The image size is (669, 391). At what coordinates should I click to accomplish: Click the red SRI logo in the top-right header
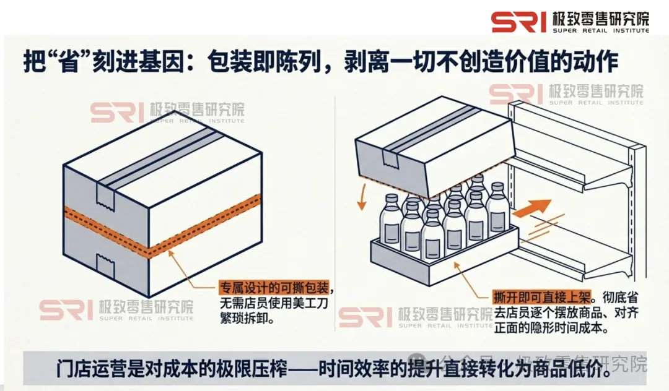click(x=519, y=22)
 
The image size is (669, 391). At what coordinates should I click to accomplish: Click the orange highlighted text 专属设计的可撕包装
click(x=271, y=288)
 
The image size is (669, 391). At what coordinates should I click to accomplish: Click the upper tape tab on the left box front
click(x=105, y=197)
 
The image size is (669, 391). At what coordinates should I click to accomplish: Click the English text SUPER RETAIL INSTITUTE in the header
click(x=600, y=30)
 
